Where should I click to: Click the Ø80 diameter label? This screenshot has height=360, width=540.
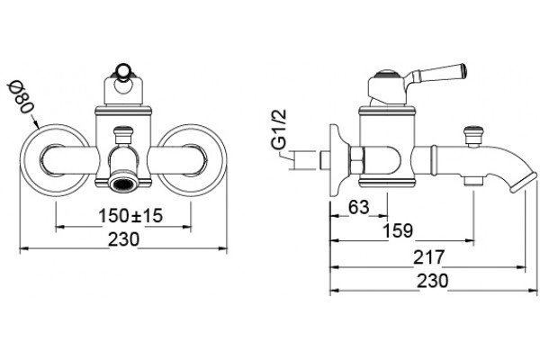[22, 97]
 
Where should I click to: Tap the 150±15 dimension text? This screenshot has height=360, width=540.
[130, 216]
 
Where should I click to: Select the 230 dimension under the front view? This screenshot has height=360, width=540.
[123, 239]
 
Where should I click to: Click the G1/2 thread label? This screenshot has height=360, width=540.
[279, 130]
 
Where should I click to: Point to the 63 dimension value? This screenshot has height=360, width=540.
[358, 207]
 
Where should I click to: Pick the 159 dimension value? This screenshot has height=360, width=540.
[398, 230]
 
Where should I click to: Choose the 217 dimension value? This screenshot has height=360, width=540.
[428, 257]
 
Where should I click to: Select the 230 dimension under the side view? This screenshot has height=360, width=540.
[433, 281]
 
